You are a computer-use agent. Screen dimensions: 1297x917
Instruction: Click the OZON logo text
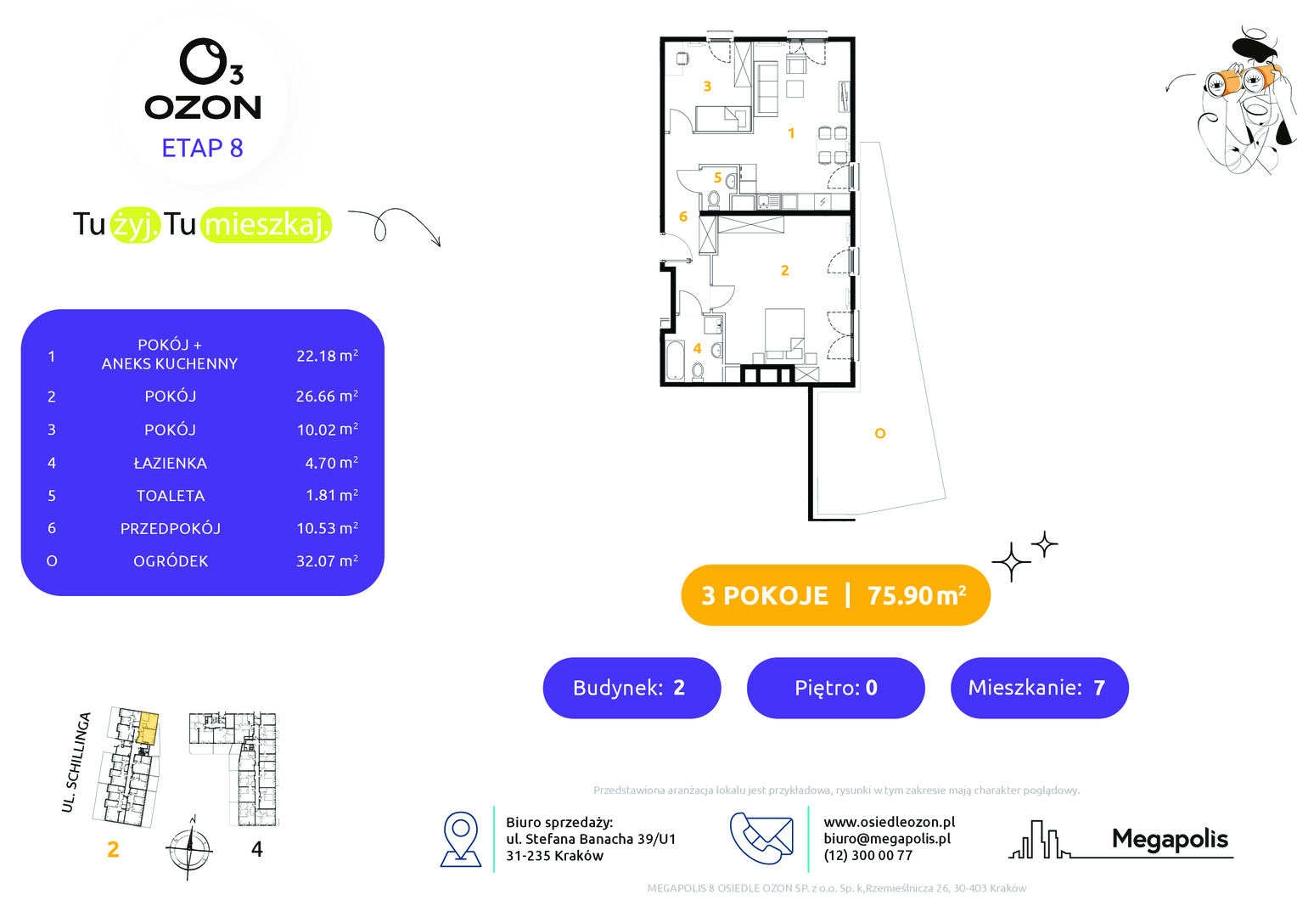[x=203, y=108]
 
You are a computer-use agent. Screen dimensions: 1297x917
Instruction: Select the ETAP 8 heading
[x=203, y=149]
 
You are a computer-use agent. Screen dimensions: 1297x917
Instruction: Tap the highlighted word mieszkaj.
[x=267, y=225]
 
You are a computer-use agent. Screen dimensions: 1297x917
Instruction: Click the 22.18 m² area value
[x=327, y=355]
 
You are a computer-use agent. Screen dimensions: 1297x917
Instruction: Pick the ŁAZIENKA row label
[x=171, y=463]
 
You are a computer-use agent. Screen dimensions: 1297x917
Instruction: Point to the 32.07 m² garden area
[x=327, y=560]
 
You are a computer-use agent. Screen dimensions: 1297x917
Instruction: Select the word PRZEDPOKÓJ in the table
[x=171, y=528]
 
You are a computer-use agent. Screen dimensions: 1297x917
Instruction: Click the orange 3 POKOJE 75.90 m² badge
[x=835, y=595]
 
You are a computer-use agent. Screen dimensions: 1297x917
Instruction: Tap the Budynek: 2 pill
[x=632, y=688]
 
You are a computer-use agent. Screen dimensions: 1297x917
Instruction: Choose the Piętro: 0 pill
[x=835, y=688]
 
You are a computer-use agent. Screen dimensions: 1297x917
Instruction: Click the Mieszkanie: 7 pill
[x=1039, y=688]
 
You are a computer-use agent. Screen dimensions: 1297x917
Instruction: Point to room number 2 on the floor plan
[x=784, y=271]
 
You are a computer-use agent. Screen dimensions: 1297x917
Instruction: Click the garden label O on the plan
[x=880, y=433]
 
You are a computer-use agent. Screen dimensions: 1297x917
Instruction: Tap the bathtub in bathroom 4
[x=675, y=361]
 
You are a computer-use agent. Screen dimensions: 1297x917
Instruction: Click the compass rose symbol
[x=189, y=848]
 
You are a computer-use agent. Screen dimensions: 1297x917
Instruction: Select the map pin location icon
[x=461, y=840]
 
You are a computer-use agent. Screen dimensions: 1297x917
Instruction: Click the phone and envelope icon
[x=761, y=838]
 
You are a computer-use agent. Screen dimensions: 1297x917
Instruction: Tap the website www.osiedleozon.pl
[x=890, y=822]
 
